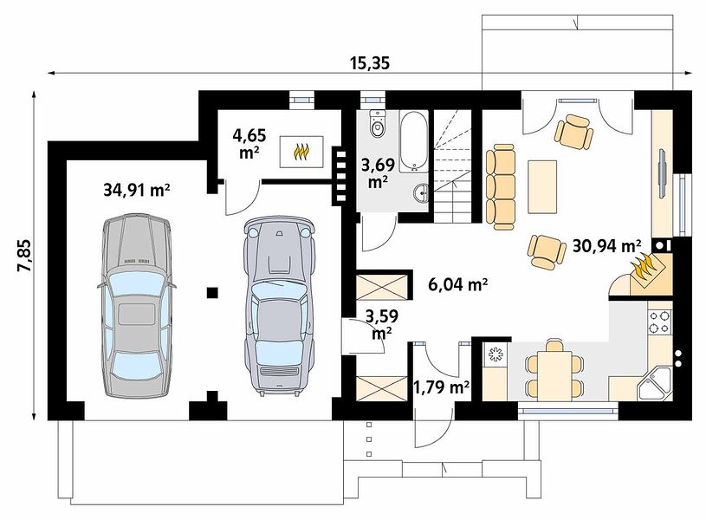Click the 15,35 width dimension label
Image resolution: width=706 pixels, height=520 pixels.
point(369,63)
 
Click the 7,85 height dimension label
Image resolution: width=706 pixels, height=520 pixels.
point(24,255)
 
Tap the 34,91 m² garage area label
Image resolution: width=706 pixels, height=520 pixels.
point(136,190)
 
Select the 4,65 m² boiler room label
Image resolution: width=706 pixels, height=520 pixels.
point(249,143)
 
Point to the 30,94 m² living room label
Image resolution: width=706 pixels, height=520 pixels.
point(606,246)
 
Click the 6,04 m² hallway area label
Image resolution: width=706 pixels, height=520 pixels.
point(458,284)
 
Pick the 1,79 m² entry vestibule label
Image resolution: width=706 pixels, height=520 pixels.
point(442,387)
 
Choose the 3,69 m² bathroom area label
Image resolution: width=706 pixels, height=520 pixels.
point(379,173)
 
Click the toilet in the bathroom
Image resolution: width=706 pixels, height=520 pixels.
point(378,123)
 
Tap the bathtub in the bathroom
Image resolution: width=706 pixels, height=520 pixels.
point(414,141)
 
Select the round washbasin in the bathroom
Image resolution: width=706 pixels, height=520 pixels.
point(422,194)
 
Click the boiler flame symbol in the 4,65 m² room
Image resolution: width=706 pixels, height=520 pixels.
point(301,152)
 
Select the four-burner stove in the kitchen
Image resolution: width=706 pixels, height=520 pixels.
point(659,322)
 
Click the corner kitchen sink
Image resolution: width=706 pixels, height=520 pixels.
point(654,383)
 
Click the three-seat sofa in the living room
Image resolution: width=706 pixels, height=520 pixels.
point(500,186)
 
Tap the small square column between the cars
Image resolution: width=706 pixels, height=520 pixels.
point(212,293)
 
